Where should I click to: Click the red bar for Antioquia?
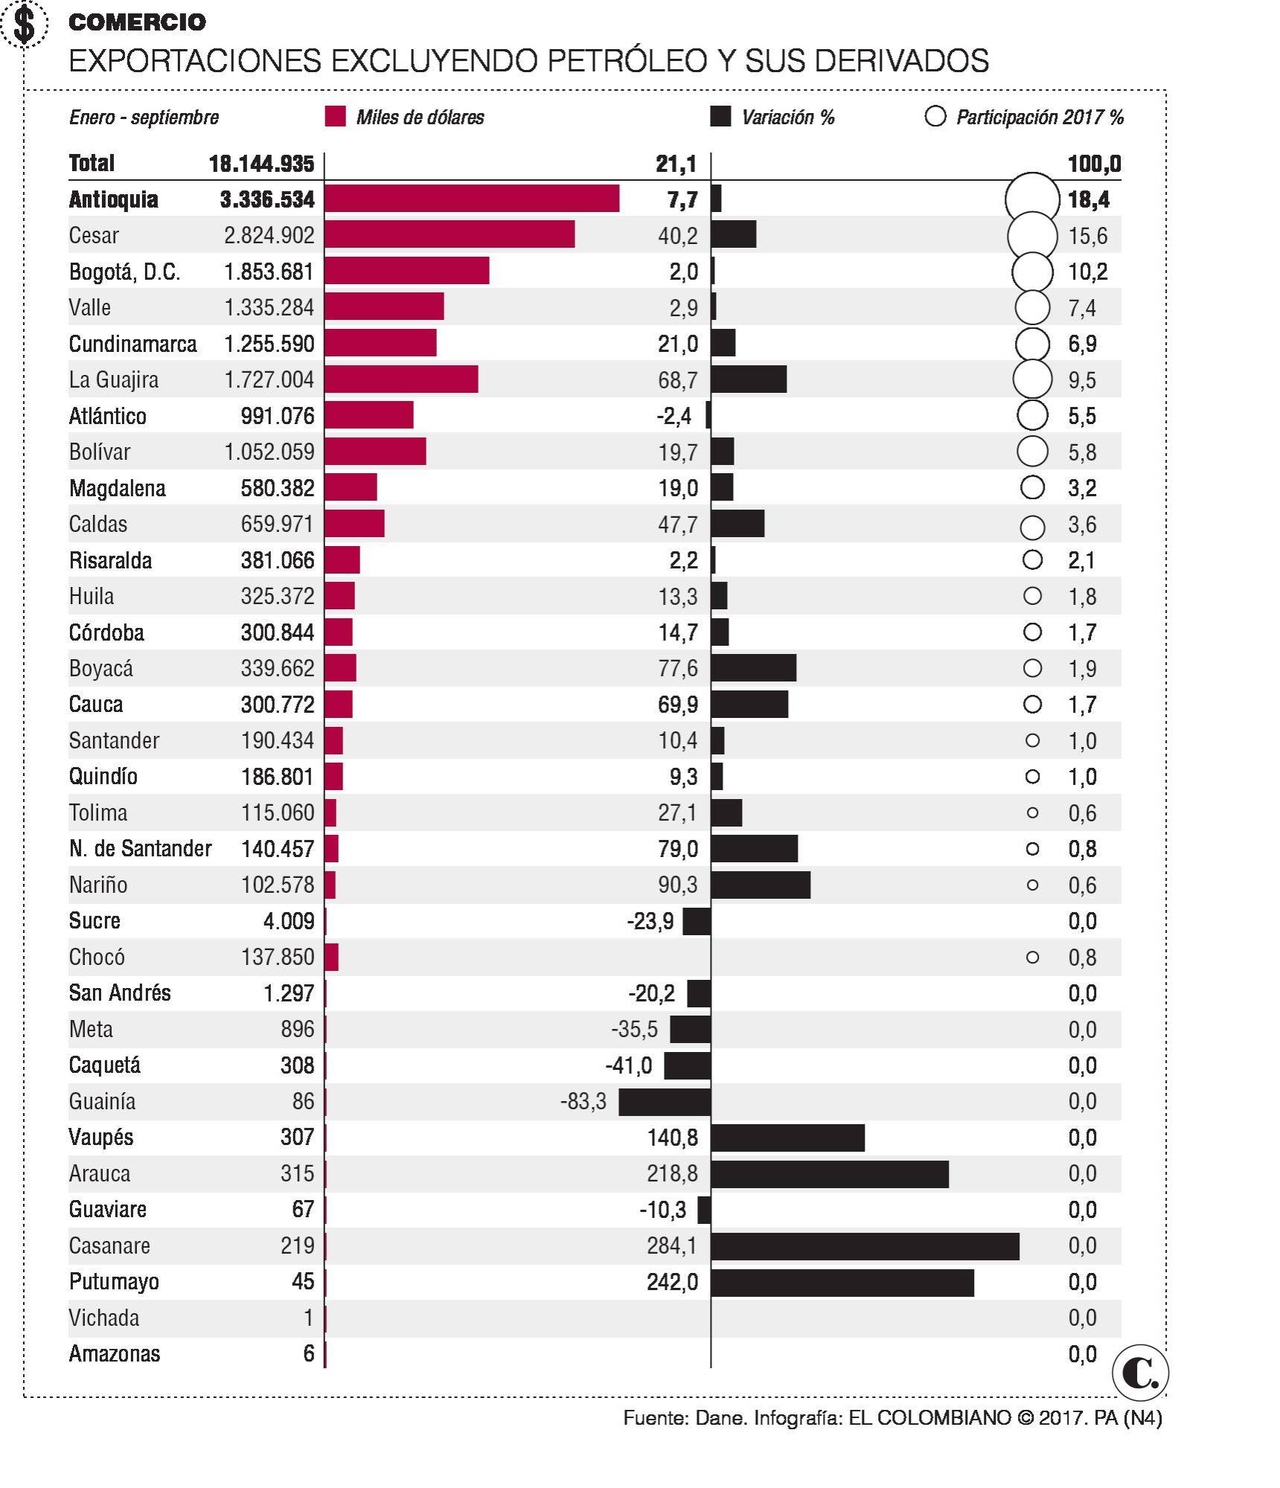[472, 199]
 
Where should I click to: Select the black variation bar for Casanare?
[865, 1246]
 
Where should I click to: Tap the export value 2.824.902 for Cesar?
[269, 235]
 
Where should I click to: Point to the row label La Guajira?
[113, 379]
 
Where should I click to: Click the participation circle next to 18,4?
[1031, 199]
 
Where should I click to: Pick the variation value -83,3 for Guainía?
[583, 1101]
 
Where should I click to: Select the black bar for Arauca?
[829, 1174]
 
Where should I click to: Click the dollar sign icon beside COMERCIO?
[25, 24]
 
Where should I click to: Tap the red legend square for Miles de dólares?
[335, 117]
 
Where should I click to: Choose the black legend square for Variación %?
[720, 117]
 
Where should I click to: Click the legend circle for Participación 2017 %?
[935, 117]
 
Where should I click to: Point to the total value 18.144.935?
[261, 164]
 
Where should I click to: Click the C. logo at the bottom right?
[1140, 1373]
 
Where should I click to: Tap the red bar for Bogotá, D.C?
[406, 271]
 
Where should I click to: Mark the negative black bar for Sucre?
[697, 921]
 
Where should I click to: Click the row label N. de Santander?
[140, 849]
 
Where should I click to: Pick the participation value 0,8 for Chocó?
[1082, 958]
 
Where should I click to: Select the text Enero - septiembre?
[144, 118]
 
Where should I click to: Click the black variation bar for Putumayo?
[842, 1283]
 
